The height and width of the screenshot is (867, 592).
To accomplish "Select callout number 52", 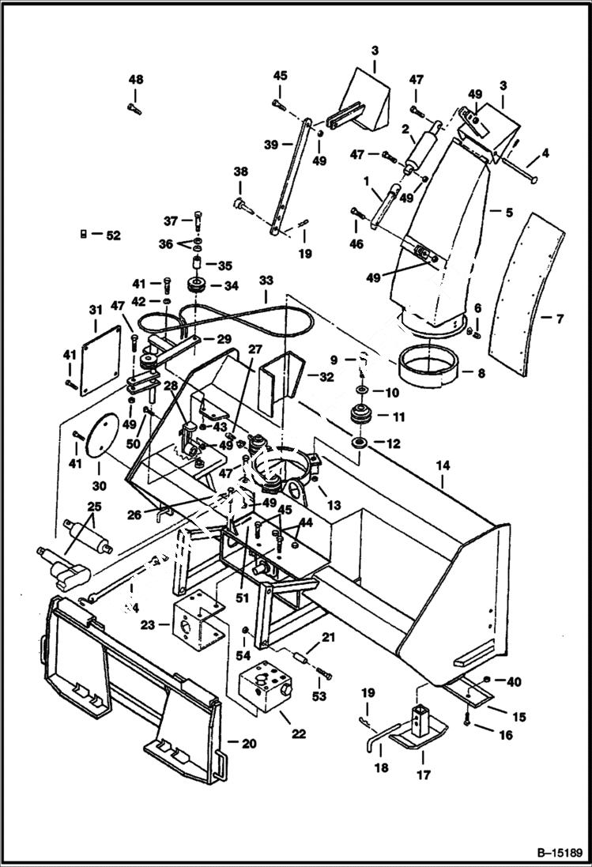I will tap(114, 234).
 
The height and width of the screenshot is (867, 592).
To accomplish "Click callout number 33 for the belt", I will tap(266, 280).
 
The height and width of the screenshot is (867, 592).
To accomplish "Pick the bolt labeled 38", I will tap(240, 205).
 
